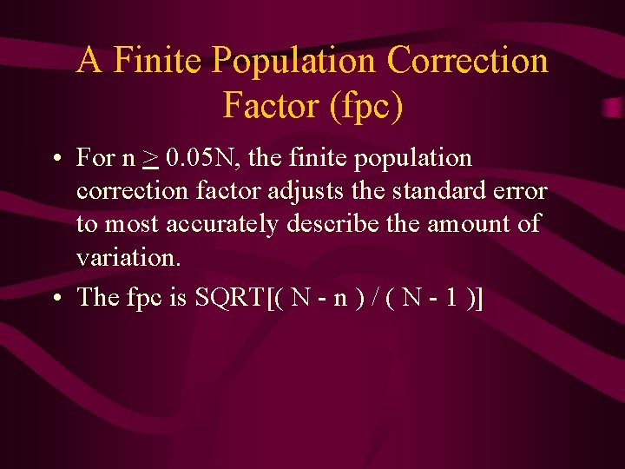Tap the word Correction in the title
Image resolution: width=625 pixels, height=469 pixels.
(468, 62)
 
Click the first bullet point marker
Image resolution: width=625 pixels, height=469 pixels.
(56, 160)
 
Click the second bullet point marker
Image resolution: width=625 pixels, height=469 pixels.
(56, 299)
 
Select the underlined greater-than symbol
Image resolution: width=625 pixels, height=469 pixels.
(151, 159)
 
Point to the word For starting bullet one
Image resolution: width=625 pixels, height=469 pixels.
(95, 159)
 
